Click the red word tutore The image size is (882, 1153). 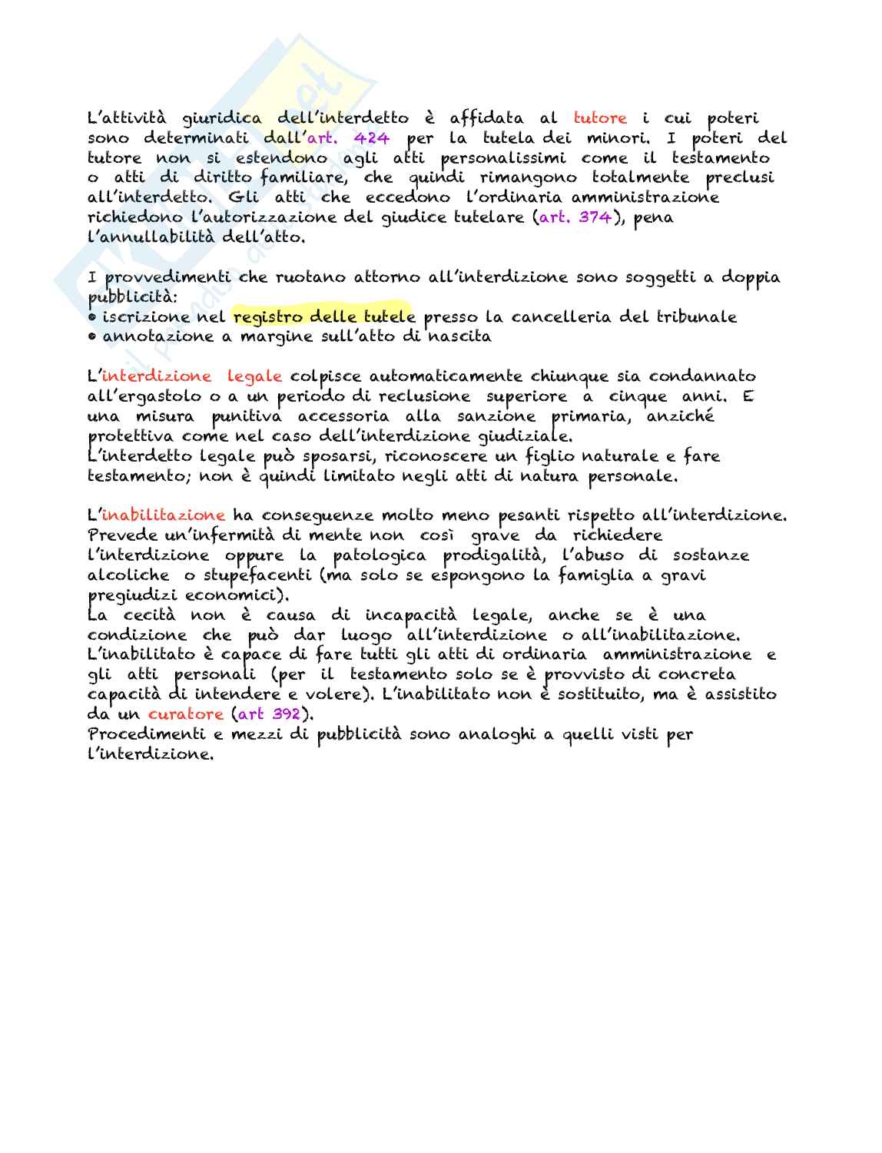click(600, 118)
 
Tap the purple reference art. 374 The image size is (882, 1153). click(575, 217)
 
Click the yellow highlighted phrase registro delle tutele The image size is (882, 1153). click(323, 316)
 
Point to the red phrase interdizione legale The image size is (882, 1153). click(192, 376)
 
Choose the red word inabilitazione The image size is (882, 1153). click(164, 515)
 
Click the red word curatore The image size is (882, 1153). click(186, 714)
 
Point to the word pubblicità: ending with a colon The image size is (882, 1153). click(132, 297)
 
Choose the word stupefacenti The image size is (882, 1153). click(250, 575)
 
